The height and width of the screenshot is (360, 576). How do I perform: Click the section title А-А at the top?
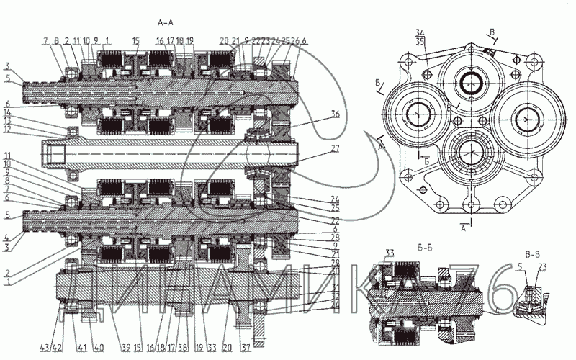[166, 24]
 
